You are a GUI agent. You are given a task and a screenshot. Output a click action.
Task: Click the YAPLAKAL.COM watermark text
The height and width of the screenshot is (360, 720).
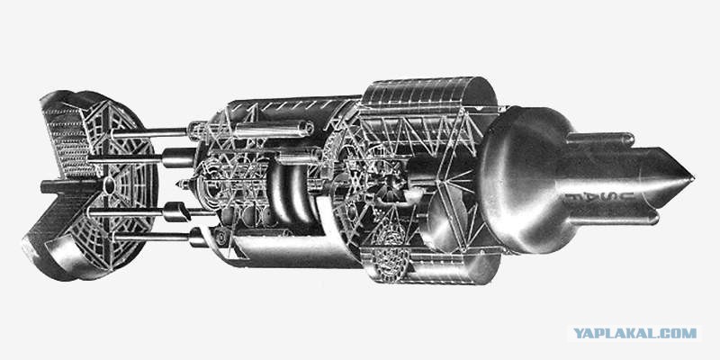[x=635, y=333]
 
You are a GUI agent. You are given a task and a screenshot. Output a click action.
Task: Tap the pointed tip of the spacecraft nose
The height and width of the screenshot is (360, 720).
[x=693, y=176]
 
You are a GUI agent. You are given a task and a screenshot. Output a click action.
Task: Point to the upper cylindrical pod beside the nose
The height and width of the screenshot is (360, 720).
[x=600, y=139]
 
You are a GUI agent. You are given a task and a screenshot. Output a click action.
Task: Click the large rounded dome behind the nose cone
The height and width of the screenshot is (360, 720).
[x=524, y=179]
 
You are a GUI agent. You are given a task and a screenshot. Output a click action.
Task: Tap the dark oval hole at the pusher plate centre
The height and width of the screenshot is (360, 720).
[x=109, y=185]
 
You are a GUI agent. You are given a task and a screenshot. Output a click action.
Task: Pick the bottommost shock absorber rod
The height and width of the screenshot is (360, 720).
[x=151, y=237]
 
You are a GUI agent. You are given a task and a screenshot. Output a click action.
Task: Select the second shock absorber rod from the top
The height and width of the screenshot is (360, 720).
[x=124, y=159]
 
